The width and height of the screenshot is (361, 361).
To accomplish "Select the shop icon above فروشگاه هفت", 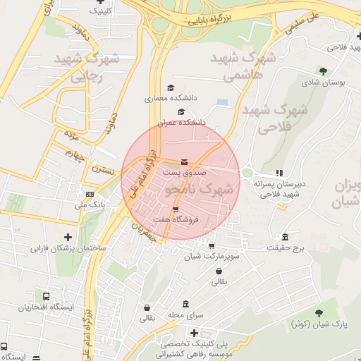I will (x=175, y=209).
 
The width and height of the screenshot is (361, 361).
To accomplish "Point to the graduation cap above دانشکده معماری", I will (x=170, y=88).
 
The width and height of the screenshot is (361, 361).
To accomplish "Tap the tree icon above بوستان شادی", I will (x=323, y=71).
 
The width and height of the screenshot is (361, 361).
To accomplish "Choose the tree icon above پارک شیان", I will (x=321, y=313).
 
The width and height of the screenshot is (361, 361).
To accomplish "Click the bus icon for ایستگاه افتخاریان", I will (x=46, y=297).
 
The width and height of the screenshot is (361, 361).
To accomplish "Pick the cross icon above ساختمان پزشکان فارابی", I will (x=68, y=237).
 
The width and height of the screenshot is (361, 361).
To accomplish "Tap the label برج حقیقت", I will (x=284, y=248).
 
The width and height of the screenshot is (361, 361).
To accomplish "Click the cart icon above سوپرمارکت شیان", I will (x=212, y=246).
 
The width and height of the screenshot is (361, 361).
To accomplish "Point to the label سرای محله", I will (x=185, y=314).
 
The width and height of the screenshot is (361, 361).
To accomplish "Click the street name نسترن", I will (x=99, y=170).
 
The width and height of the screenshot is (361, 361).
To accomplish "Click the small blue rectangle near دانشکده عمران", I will (x=223, y=103).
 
